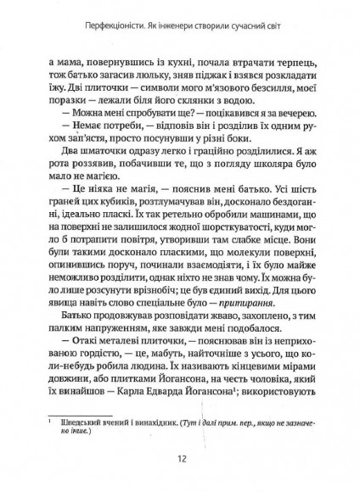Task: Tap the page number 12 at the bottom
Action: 181,460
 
